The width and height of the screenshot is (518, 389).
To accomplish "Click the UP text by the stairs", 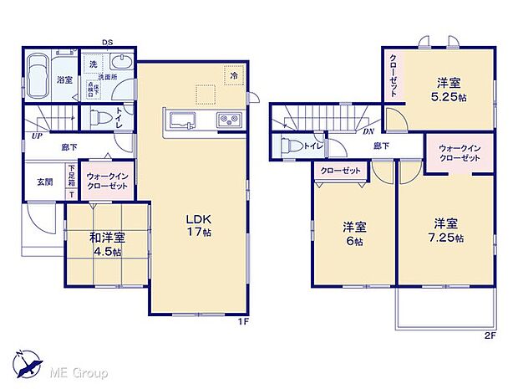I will click(x=36, y=135).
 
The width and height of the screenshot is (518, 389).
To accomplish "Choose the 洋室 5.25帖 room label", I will click(x=449, y=89).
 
